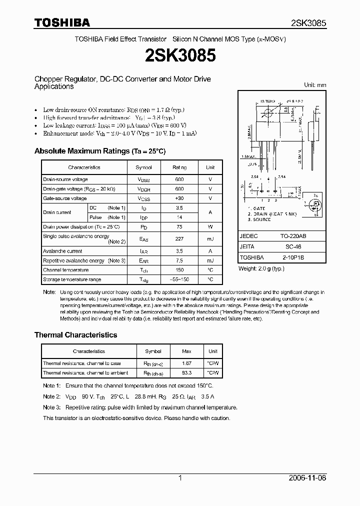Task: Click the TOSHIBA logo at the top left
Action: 62,22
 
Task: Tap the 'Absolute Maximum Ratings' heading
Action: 99,151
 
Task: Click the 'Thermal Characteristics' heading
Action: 75,335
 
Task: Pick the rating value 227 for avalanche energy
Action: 179,239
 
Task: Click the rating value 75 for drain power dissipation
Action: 179,226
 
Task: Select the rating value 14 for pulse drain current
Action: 179,217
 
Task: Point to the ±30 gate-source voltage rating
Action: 179,198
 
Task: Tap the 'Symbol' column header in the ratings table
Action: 144,167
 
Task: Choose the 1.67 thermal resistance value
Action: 187,363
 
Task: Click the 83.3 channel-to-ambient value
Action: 187,373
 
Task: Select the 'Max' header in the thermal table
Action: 187,351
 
